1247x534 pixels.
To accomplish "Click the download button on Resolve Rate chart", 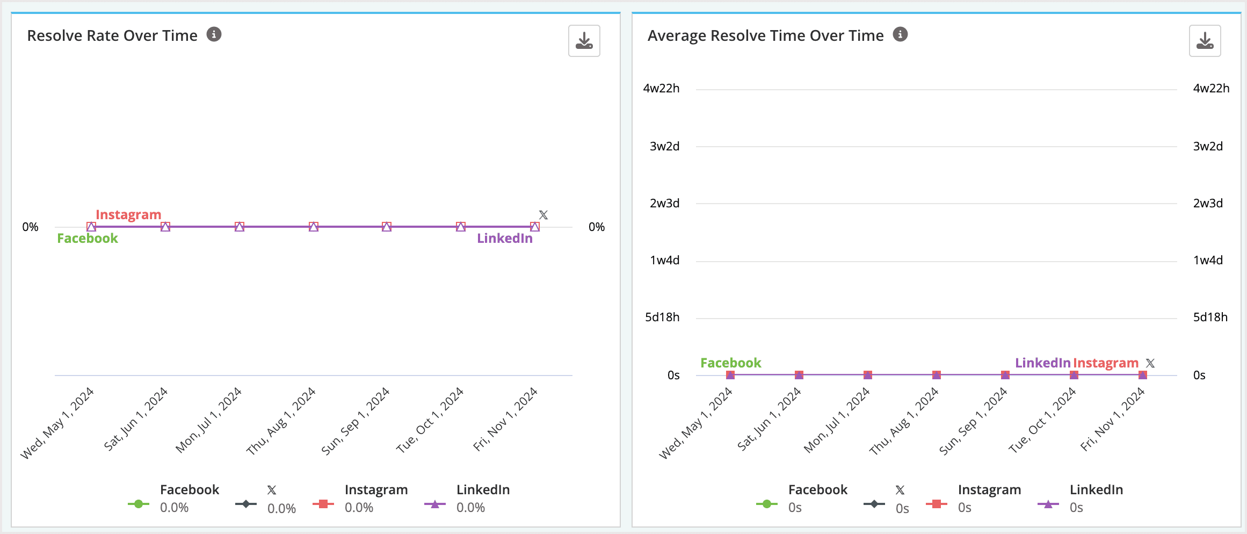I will [584, 41].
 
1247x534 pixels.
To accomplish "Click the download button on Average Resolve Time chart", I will [1205, 41].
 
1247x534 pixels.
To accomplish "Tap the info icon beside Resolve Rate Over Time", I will [214, 35].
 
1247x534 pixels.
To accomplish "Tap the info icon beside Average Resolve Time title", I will [900, 35].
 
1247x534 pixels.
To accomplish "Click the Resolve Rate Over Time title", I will [112, 35].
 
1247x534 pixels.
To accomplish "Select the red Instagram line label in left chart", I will [128, 214].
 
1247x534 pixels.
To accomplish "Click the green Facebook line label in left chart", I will [88, 239].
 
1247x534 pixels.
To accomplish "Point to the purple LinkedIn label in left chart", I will [504, 239].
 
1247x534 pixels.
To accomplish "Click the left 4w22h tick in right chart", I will [661, 89].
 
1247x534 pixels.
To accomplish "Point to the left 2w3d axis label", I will [664, 204].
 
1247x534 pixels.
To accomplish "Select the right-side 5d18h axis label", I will [1210, 317].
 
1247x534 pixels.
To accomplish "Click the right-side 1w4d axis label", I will [1208, 261].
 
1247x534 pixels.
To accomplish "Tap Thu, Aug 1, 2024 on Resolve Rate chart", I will [281, 422].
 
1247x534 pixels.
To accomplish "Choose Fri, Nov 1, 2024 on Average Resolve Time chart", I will [1113, 420].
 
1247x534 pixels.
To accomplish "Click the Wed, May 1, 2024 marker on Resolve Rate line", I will [91, 227].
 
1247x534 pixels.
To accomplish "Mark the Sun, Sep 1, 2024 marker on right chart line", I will [1005, 375].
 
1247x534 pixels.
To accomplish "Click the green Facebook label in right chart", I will [730, 363].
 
